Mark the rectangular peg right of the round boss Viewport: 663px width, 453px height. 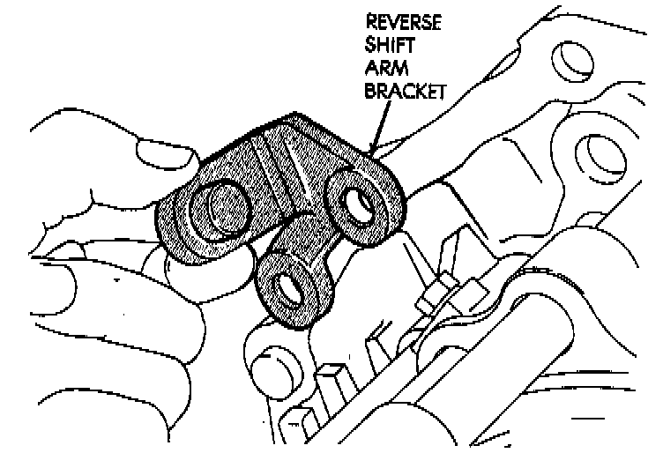point(331,379)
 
